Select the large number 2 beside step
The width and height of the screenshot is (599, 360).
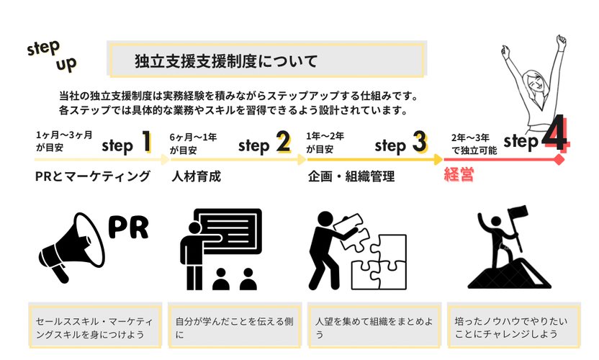click(283, 143)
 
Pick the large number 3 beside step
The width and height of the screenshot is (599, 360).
click(420, 143)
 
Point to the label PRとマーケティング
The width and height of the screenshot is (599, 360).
click(92, 176)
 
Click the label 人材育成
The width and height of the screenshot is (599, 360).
click(196, 176)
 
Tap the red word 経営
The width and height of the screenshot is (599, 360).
click(459, 175)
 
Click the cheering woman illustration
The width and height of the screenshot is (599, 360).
click(533, 86)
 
